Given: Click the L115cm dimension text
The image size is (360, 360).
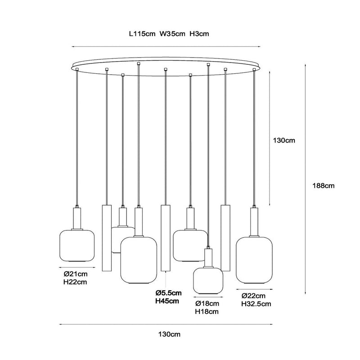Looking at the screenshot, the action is [142, 34].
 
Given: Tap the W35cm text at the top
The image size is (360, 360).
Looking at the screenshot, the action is [172, 34].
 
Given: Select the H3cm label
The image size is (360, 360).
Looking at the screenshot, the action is [199, 34].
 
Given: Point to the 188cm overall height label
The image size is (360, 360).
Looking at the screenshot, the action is [323, 186].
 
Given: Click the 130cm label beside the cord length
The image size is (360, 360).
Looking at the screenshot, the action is [284, 140].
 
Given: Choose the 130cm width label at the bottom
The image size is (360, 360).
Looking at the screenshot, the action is [169, 334].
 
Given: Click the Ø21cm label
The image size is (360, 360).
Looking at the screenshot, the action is [76, 274].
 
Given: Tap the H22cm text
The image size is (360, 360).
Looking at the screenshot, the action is [75, 282].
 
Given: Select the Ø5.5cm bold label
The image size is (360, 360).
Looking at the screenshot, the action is [168, 293].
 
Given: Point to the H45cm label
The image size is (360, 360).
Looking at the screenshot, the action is [167, 301].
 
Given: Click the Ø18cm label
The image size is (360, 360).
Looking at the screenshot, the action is [207, 303].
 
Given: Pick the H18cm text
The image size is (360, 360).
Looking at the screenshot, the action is [207, 312].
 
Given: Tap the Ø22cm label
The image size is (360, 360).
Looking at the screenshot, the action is [253, 296].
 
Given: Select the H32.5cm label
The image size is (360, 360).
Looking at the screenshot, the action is [256, 304].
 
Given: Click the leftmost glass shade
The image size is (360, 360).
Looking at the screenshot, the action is [77, 245].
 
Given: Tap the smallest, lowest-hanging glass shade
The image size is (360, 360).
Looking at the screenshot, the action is [208, 281].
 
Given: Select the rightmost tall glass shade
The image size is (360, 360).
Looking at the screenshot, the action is [254, 260].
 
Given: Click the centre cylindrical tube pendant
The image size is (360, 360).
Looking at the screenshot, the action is [166, 238].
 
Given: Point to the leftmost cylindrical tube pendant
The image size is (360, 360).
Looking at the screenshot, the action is [107, 238].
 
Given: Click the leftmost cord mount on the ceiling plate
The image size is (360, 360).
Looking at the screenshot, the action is [77, 69].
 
